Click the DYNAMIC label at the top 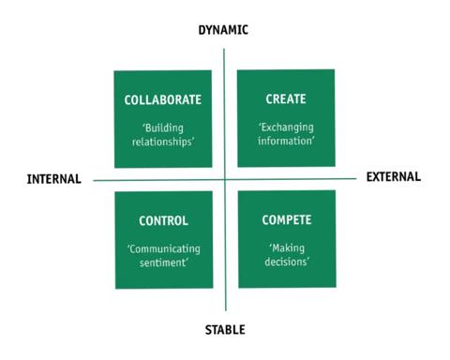(223, 29)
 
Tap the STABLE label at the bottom (225, 329)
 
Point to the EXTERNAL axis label (393, 175)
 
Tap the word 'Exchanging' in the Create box (288, 126)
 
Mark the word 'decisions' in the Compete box (288, 264)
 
